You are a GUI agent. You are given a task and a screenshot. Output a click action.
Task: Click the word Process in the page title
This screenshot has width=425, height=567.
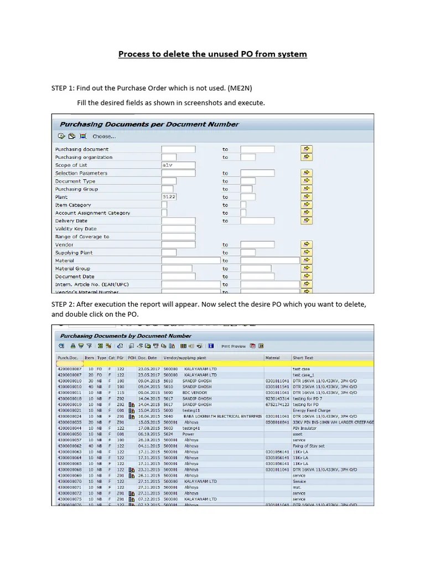click(x=134, y=54)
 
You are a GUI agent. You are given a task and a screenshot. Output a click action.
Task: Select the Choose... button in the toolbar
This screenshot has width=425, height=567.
click(x=103, y=136)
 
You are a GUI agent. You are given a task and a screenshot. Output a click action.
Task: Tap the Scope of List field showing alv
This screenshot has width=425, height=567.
click(x=178, y=165)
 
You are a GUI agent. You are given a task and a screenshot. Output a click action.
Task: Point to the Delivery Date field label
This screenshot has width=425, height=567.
click(x=71, y=221)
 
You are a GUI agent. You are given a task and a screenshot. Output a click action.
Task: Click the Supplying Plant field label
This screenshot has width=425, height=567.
click(x=74, y=252)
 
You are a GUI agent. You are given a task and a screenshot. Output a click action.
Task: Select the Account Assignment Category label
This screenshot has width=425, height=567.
click(x=92, y=213)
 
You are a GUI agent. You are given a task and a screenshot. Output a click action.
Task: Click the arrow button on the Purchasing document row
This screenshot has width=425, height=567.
click(x=306, y=149)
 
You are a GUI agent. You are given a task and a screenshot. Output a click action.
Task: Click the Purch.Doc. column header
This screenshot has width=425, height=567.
click(x=69, y=358)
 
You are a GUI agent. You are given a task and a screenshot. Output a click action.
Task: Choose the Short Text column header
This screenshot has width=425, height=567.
click(x=303, y=358)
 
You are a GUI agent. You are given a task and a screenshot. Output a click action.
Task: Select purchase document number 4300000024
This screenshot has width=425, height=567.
click(x=69, y=416)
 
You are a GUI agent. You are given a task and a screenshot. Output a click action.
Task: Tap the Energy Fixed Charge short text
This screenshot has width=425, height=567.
click(x=311, y=410)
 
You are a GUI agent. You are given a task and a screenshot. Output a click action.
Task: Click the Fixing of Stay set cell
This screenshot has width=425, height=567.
click(x=309, y=446)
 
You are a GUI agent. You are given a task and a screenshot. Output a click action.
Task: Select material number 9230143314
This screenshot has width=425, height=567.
click(x=277, y=399)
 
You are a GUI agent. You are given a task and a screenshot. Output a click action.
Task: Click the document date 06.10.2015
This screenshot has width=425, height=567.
click(x=148, y=434)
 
